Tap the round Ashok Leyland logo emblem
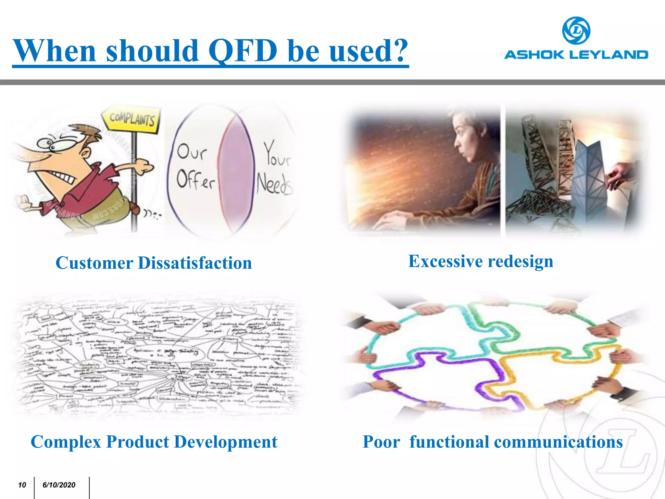pyautogui.click(x=576, y=31)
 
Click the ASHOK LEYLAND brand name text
pyautogui.click(x=576, y=55)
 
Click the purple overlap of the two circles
pyautogui.click(x=237, y=169)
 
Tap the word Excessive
pyautogui.click(x=445, y=261)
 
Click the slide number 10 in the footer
pyautogui.click(x=22, y=485)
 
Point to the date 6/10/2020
pyautogui.click(x=59, y=485)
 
